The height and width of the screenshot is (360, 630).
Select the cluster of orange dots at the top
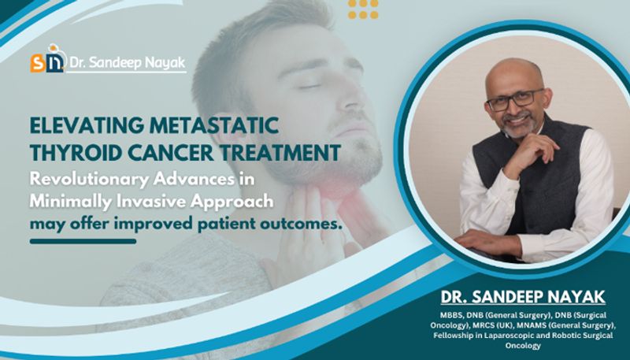pos(363,9)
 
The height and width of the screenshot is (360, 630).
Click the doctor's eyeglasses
pos(515,100)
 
